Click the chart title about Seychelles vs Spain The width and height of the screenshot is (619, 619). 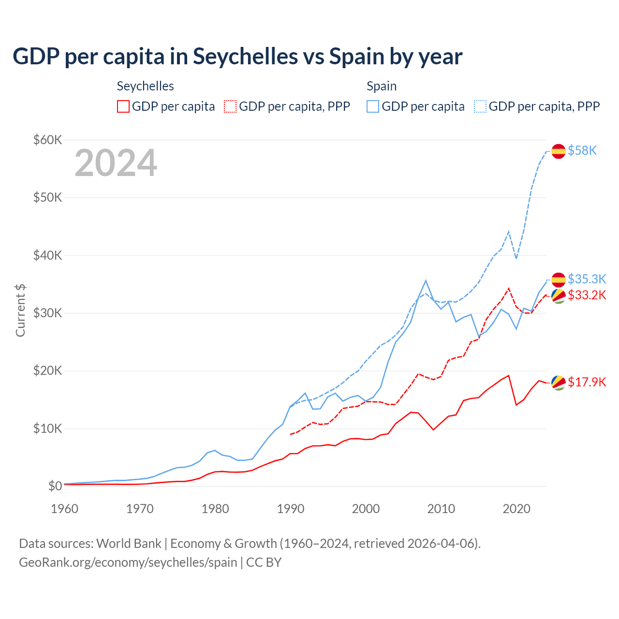tap(237, 57)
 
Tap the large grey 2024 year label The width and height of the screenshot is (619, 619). tap(116, 163)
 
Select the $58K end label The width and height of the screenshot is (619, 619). tap(582, 151)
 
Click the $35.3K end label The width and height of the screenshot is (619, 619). tap(587, 279)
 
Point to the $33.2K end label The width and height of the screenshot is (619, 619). tap(587, 295)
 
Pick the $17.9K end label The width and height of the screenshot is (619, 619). tap(587, 382)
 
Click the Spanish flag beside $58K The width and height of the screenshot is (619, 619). tap(559, 151)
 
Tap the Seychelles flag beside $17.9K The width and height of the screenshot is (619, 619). tap(559, 383)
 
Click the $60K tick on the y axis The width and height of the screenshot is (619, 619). tap(47, 140)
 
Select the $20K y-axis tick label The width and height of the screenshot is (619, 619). tap(47, 371)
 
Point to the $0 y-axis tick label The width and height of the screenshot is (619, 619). tap(55, 486)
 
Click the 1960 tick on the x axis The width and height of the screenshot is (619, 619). tap(64, 509)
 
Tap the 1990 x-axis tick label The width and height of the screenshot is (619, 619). tap(291, 509)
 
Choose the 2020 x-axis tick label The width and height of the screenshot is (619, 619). tap(516, 509)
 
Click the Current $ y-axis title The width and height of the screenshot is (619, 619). tap(20, 310)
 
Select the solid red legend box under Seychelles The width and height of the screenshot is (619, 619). tap(123, 106)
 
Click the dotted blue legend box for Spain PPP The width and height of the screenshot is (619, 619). tap(480, 106)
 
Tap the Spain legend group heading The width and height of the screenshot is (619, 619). tap(382, 86)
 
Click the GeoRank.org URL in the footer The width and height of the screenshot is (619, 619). tap(128, 562)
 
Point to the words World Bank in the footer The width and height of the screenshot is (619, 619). tap(129, 544)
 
